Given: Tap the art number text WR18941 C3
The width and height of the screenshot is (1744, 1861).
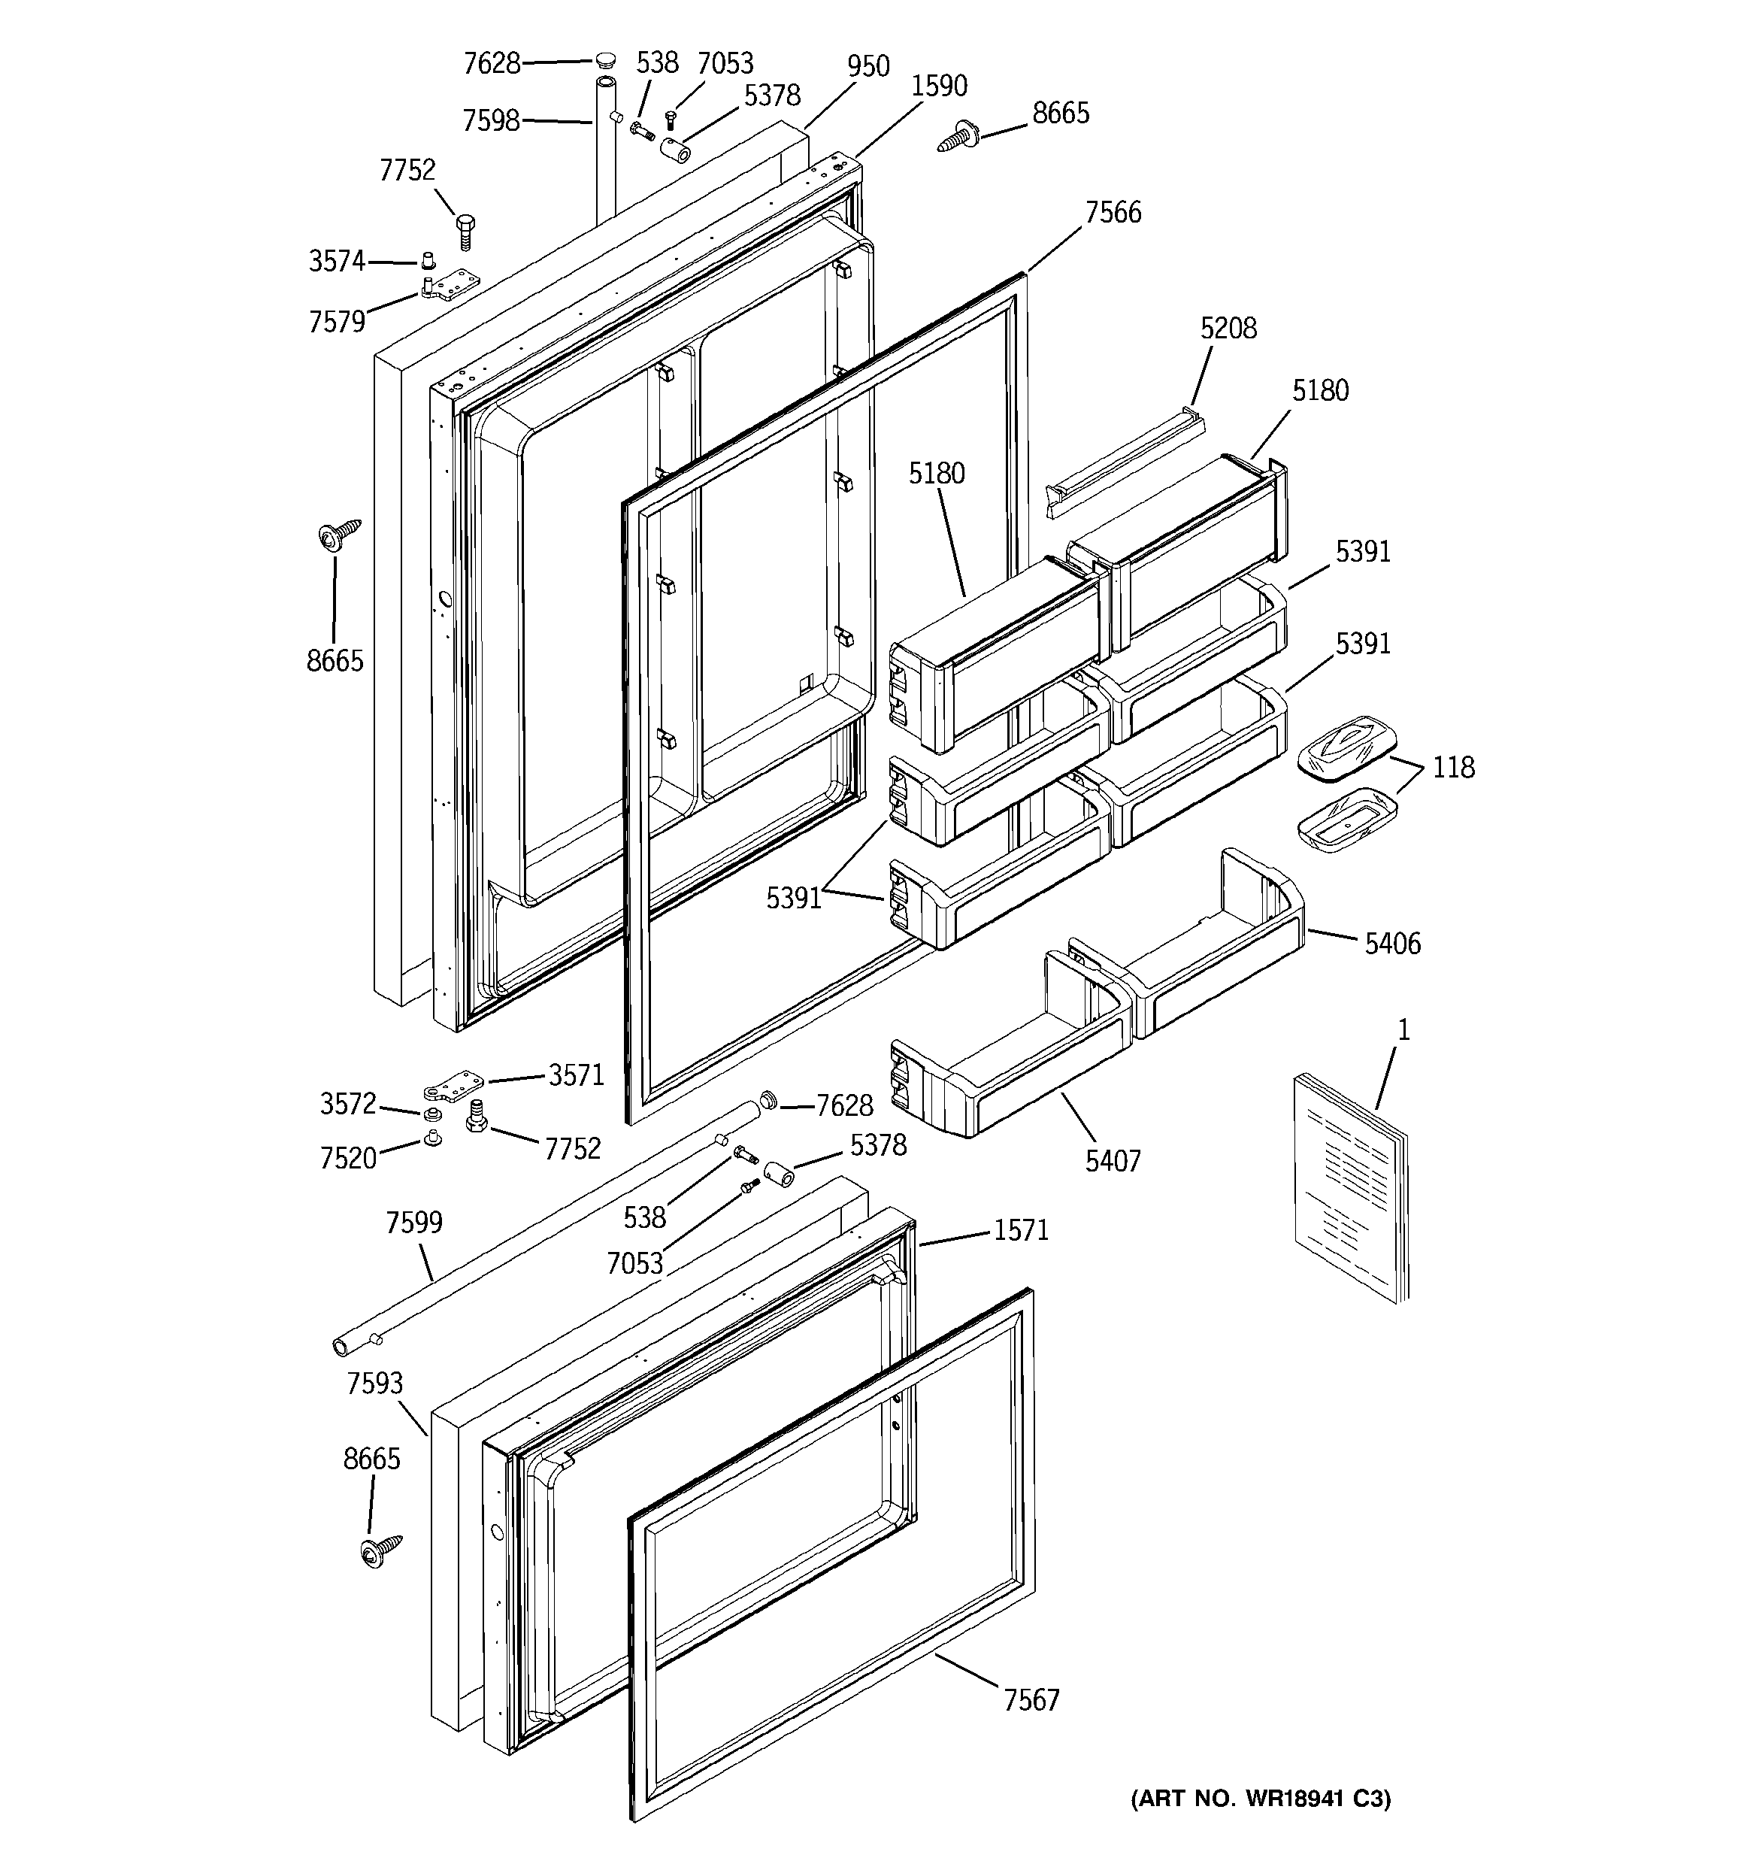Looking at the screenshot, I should [x=1260, y=1799].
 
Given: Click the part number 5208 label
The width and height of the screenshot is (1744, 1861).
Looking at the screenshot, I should [x=1228, y=329].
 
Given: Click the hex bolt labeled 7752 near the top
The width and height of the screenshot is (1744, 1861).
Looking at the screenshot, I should [x=465, y=229].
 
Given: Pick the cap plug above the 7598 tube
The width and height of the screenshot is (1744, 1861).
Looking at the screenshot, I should [x=606, y=62].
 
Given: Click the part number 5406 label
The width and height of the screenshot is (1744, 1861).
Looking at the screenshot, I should [x=1392, y=944].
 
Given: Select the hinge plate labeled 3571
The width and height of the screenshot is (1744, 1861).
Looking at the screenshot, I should [x=452, y=1087].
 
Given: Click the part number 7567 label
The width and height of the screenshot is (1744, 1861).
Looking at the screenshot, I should [x=1031, y=1699].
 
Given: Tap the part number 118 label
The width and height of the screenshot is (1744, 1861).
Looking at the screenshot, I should [x=1453, y=768].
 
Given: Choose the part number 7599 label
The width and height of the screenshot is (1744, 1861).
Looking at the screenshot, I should [x=413, y=1223].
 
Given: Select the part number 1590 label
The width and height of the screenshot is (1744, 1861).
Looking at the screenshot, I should [x=938, y=86].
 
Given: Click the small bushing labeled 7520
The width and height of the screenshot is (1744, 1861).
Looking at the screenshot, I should [x=432, y=1138].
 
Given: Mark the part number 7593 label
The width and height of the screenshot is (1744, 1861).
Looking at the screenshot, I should [x=374, y=1384].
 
